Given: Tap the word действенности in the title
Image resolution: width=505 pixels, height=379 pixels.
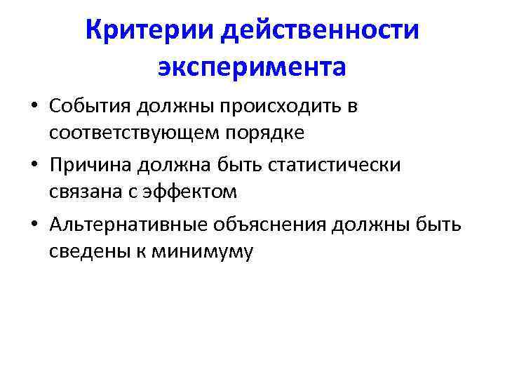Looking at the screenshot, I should (x=319, y=30).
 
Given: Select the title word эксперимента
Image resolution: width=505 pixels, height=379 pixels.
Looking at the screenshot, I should (x=252, y=67).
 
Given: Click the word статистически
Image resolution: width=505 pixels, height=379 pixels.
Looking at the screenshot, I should (x=336, y=165).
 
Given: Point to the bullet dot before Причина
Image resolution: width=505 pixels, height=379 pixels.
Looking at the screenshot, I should (x=34, y=166).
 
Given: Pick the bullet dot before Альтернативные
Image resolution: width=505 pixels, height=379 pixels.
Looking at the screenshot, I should (x=34, y=225).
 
